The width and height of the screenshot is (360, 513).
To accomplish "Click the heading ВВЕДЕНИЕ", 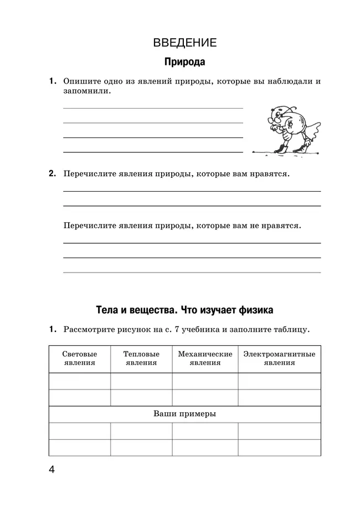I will coord(184,43).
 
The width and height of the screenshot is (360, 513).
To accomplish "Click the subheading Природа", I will coord(184,62).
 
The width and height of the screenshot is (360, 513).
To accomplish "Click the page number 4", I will coord(52,470).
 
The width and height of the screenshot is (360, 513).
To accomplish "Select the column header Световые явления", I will coord(79,358).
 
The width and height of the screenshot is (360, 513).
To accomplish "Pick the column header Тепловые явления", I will coord(141,358).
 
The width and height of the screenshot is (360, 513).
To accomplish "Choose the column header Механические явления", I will coord(204,358).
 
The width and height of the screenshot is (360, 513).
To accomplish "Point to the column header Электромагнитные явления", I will coord(279,358).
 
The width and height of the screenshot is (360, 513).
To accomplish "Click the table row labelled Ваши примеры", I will coord(184,414).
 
